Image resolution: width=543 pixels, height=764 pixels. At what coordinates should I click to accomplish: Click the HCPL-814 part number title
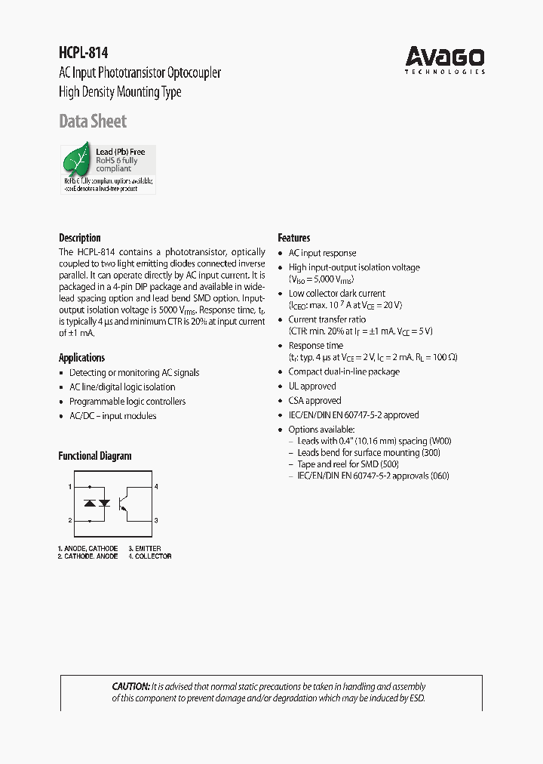coord(84,53)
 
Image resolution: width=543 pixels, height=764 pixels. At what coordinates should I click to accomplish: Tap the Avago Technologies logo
coord(444,60)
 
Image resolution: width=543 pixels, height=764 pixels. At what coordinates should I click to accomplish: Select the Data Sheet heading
coord(93,121)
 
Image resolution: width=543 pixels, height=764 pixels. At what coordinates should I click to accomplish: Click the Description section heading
coord(79,238)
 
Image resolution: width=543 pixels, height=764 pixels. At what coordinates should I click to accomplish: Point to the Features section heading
coord(293,238)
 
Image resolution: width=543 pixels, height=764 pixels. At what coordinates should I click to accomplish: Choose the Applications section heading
coord(81,358)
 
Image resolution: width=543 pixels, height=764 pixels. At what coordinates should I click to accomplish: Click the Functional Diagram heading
coord(95,456)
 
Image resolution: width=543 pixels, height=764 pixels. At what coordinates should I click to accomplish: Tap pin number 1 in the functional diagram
coord(70,487)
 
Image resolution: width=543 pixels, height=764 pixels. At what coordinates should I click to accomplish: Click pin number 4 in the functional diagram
coord(156,487)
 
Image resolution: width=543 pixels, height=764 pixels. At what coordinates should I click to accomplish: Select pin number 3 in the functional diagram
coord(156,520)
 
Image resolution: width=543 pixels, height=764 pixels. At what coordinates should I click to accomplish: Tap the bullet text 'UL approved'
coord(312,386)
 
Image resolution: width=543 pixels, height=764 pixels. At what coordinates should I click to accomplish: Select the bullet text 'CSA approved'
coord(314,400)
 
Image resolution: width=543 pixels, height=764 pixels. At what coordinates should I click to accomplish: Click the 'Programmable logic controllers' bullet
coord(127,402)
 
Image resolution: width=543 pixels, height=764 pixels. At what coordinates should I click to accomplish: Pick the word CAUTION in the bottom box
coord(130,686)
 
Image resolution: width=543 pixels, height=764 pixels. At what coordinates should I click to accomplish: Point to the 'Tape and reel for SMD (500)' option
coord(348,464)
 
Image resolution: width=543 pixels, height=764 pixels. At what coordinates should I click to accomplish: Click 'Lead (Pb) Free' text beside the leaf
coord(120,152)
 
